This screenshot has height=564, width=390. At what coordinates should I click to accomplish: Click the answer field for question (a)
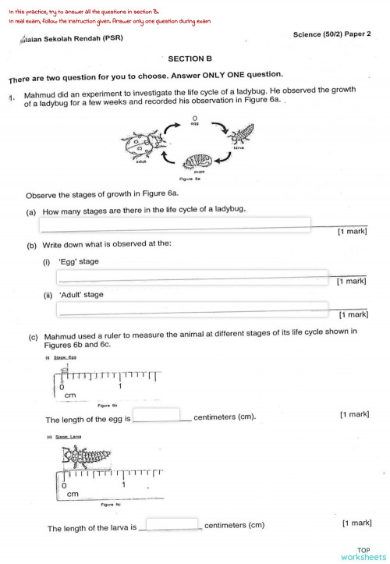175,225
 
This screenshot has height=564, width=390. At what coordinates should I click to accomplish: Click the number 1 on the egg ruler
120,386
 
